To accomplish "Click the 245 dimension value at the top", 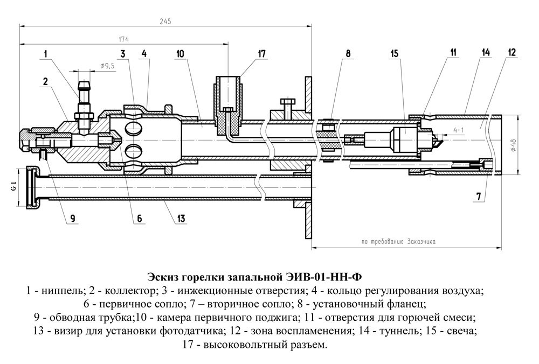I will [165, 21].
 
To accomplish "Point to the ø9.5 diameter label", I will [107, 66].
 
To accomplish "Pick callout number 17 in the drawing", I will [262, 53].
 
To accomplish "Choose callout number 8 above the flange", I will [348, 53].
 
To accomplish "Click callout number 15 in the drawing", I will [395, 53].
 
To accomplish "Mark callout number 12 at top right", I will [511, 52].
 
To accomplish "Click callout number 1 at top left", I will [46, 53].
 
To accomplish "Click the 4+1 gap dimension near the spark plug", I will [458, 130].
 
